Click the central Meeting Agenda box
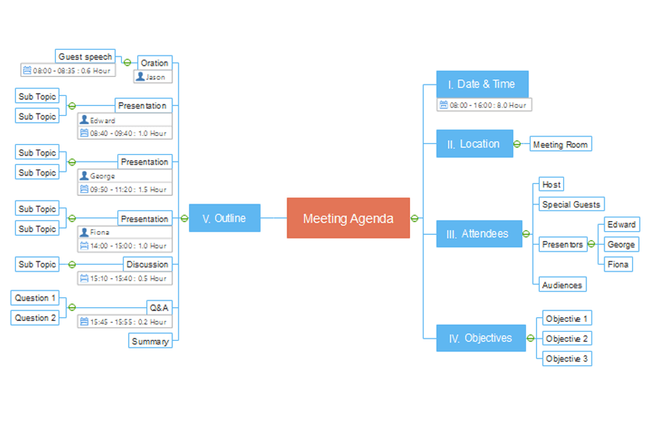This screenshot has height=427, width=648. (348, 218)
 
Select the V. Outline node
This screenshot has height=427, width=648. (224, 218)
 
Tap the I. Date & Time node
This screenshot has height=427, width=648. (482, 84)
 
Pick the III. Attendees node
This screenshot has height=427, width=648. (479, 233)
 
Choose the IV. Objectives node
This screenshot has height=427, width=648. (480, 338)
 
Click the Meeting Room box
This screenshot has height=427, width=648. (560, 144)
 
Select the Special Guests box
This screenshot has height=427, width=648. (571, 204)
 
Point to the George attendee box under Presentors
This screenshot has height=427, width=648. (621, 245)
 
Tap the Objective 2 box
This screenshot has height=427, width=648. (567, 339)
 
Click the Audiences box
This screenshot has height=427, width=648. (562, 285)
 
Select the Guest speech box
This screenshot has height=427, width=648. (85, 56)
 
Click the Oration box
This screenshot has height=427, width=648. (155, 63)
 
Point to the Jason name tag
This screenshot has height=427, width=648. (152, 76)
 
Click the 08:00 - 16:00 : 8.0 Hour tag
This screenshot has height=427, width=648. (484, 105)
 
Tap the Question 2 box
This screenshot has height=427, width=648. (36, 318)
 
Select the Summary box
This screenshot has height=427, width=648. (150, 342)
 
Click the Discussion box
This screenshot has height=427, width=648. (147, 265)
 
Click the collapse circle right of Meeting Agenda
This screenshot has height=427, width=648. (415, 218)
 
